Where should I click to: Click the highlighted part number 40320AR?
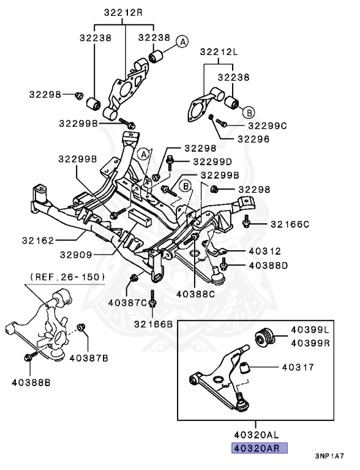[x=259, y=449]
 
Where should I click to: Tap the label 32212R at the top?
[x=123, y=13]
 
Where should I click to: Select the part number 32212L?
[x=219, y=52]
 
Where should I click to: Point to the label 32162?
[x=38, y=241]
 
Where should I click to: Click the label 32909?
[x=76, y=255]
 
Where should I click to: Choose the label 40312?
[x=264, y=251]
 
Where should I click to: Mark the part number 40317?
[x=298, y=367]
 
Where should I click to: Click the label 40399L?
[x=310, y=330]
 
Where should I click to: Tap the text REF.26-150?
[x=67, y=277]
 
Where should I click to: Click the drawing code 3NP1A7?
[x=329, y=456]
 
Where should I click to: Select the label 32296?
[x=253, y=139]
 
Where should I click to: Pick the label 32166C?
[x=290, y=224]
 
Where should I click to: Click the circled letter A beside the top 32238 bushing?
[x=182, y=42]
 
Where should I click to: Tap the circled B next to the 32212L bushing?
[x=249, y=113]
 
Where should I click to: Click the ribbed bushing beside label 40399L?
[x=264, y=338]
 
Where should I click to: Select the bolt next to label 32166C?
[x=246, y=221]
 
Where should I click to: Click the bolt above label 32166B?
[x=152, y=299]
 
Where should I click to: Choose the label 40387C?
[x=127, y=303]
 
